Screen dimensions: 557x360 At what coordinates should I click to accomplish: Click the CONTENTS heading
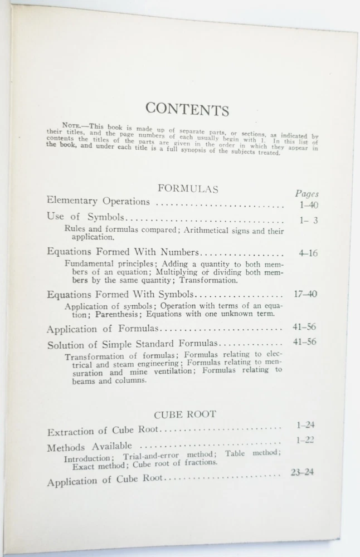click(x=187, y=109)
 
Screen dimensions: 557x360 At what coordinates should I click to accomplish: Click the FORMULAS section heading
click(x=188, y=189)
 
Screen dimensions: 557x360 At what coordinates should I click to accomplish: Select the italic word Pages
click(x=307, y=194)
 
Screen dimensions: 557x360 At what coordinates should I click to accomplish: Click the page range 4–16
click(x=308, y=253)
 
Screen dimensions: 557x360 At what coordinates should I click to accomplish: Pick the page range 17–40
click(x=305, y=294)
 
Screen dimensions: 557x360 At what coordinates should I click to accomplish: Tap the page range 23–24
click(x=303, y=472)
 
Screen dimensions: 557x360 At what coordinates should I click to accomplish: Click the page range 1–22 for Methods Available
click(x=305, y=440)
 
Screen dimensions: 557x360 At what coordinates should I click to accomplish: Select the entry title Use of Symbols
click(x=85, y=218)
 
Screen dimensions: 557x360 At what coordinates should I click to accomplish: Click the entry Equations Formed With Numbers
click(x=123, y=252)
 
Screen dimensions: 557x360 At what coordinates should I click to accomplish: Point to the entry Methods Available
click(x=89, y=447)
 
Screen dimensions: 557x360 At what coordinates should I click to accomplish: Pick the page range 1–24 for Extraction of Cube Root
click(x=306, y=425)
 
